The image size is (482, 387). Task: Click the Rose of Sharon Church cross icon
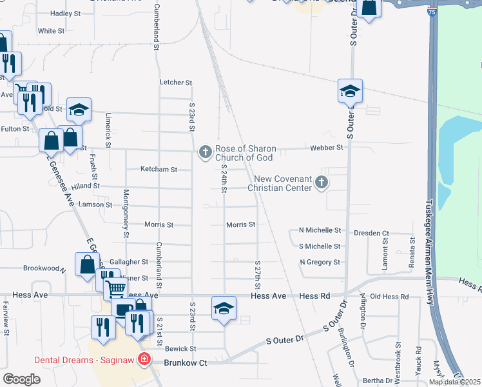[x=205, y=152]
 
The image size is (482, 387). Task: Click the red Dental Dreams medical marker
[x=146, y=359]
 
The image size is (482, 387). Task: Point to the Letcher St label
[x=176, y=83]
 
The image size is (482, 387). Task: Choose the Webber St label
[x=330, y=148]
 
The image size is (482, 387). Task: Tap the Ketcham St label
[x=159, y=170]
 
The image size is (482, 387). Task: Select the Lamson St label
[x=95, y=204]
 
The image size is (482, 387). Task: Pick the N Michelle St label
[x=320, y=230]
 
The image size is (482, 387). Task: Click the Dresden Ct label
[x=376, y=233]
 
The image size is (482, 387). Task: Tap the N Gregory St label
[x=320, y=263]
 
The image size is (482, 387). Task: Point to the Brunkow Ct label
[x=185, y=363]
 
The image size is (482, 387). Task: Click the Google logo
[x=21, y=379]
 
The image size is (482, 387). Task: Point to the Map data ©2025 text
[x=454, y=382]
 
